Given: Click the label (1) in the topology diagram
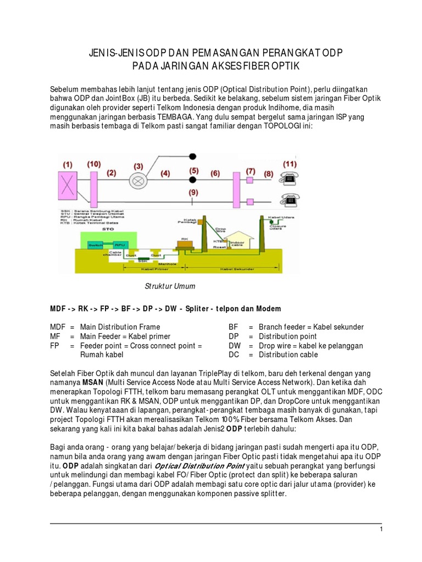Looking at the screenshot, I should click(68, 164).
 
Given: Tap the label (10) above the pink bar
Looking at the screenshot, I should click(94, 164).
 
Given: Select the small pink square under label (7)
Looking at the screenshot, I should click(251, 180).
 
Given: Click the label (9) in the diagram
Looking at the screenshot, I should click(193, 193).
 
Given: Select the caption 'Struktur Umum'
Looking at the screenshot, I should click(170, 286).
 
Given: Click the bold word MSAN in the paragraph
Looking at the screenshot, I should click(90, 381).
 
